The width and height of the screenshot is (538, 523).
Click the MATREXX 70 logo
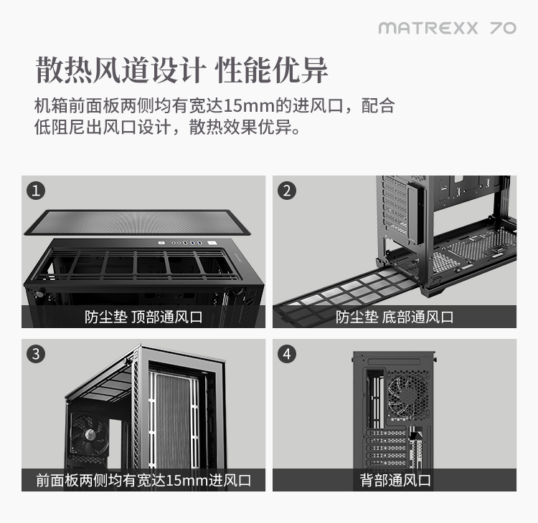coord(448,28)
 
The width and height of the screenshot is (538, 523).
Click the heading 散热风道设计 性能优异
coord(182,70)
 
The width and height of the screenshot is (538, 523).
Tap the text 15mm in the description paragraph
coord(249,106)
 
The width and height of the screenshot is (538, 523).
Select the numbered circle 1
coord(36,191)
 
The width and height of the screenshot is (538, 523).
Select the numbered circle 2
coord(287,191)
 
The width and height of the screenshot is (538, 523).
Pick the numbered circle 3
coord(36,354)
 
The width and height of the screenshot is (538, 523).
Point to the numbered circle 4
coord(287,354)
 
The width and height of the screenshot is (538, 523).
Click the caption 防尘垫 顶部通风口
coord(143,317)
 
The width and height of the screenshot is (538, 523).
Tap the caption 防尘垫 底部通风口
coord(395,317)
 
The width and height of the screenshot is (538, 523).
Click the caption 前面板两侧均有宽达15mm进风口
coord(143,480)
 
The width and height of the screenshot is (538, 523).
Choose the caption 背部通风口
coord(395,480)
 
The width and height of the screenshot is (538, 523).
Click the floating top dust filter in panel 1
coord(137,222)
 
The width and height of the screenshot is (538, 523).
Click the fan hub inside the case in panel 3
coord(89,433)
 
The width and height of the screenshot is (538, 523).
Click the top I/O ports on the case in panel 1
coord(187,243)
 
